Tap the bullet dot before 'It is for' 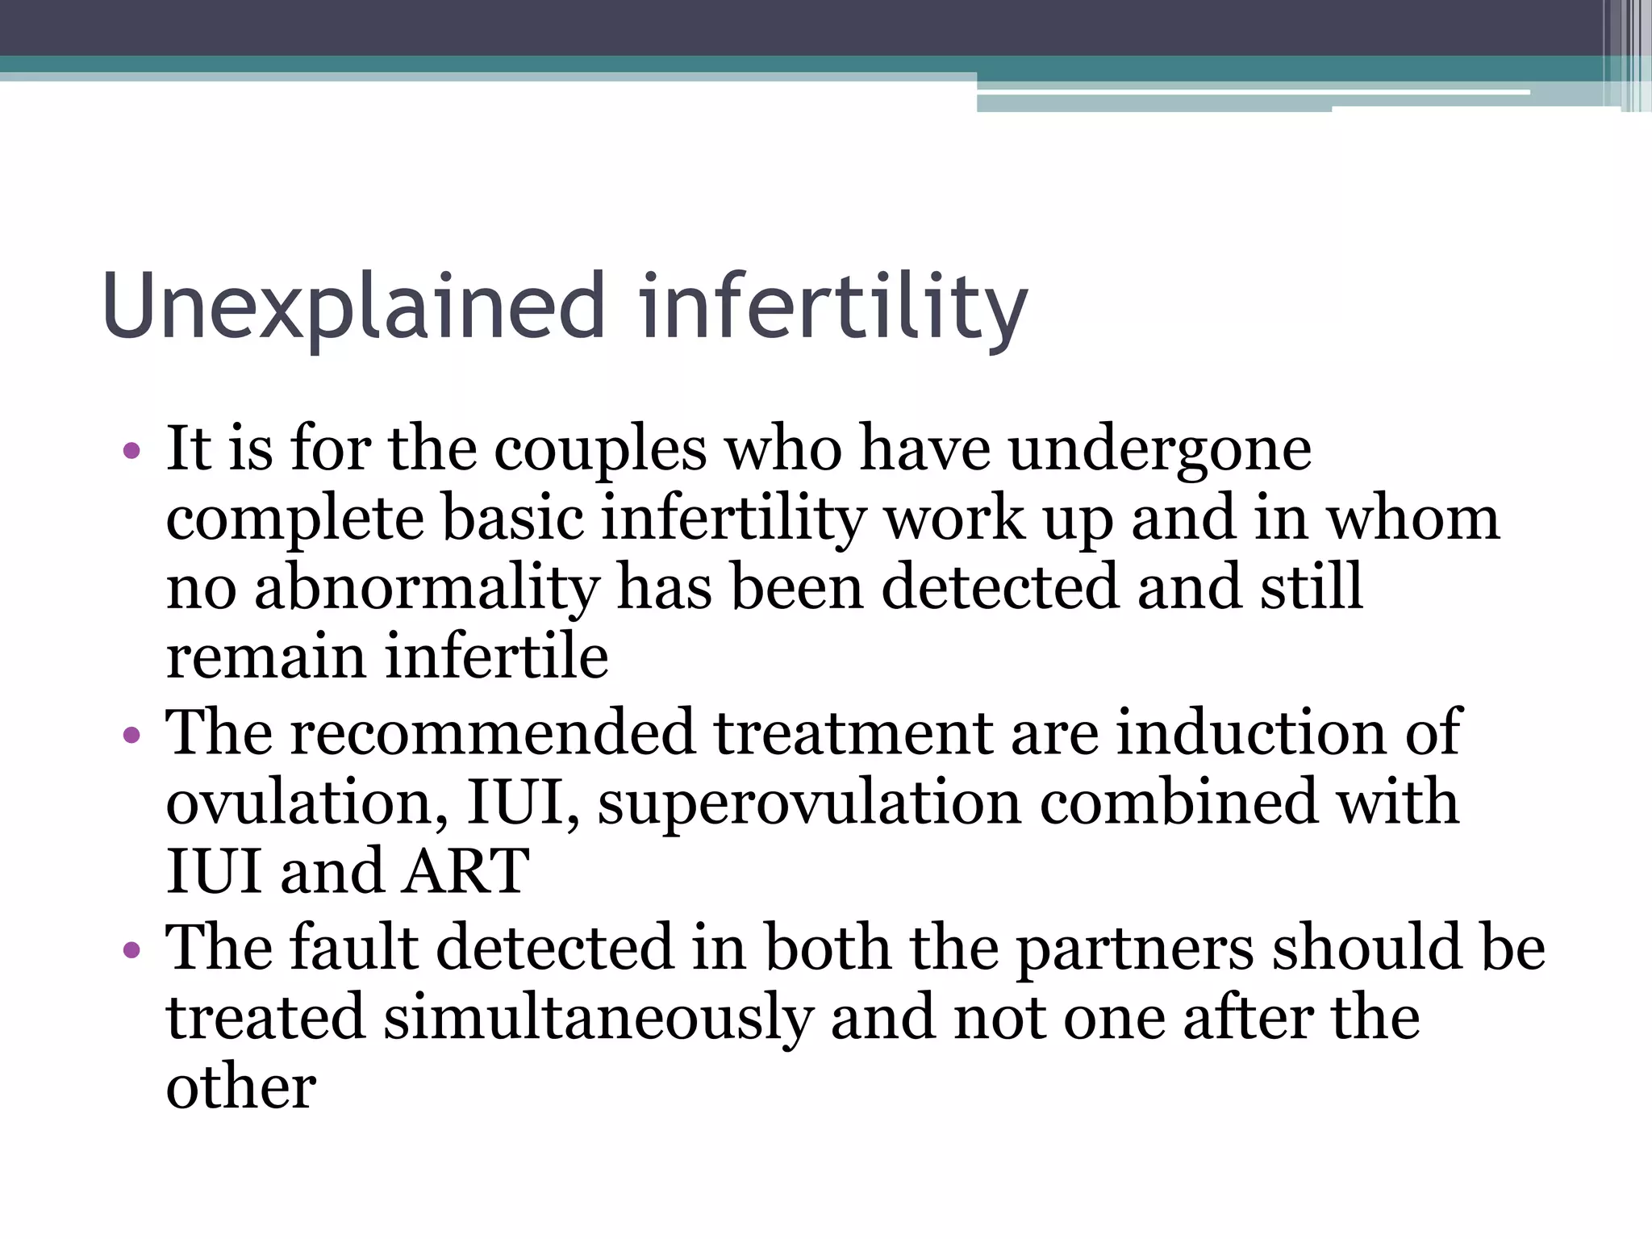(132, 450)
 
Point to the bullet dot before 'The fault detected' (132, 949)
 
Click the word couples (600, 450)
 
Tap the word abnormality (427, 587)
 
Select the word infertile (496, 656)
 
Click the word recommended (492, 732)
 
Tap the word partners (1134, 949)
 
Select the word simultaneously (598, 1018)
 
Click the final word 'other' (240, 1087)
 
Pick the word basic (513, 518)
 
